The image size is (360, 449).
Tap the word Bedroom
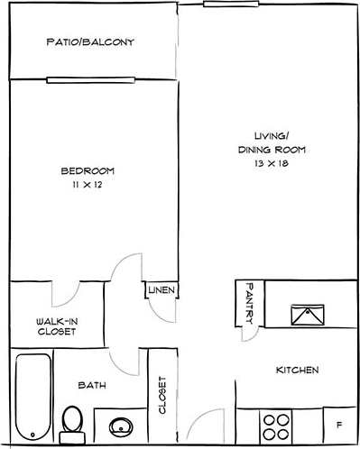click(88, 170)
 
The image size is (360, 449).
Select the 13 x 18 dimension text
click(272, 165)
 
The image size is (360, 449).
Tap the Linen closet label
click(163, 290)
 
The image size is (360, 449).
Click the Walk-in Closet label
click(56, 325)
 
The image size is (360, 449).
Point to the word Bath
click(92, 385)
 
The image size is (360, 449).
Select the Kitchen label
click(297, 371)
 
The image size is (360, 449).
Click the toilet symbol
click(72, 420)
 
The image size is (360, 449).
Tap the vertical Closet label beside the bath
click(162, 394)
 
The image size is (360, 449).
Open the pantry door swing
click(249, 334)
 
